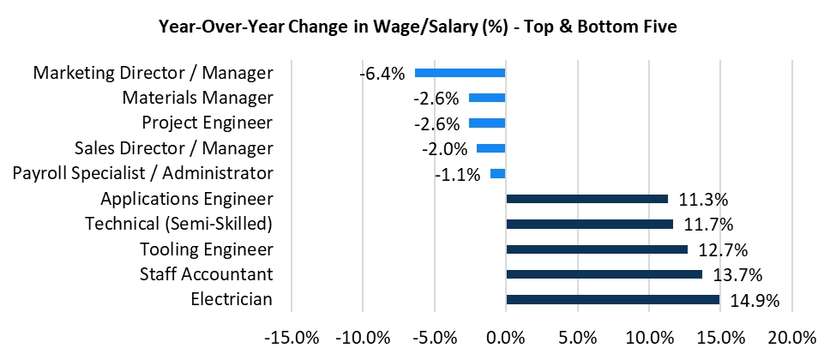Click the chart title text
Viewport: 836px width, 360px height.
pos(418,27)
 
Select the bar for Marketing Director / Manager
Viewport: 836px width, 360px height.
pos(460,73)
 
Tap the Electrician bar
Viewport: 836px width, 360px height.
pos(612,300)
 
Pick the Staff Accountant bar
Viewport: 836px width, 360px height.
pos(604,274)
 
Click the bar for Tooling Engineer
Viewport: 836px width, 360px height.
pos(597,249)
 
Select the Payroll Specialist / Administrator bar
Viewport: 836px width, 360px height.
pos(497,174)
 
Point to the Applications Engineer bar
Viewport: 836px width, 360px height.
pos(586,199)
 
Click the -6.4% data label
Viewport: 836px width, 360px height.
pos(382,74)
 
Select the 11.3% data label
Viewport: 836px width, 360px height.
pos(703,200)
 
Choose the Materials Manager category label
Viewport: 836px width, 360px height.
pos(197,98)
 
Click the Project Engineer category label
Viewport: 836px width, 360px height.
pos(207,123)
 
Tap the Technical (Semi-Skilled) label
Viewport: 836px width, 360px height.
pos(178,224)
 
